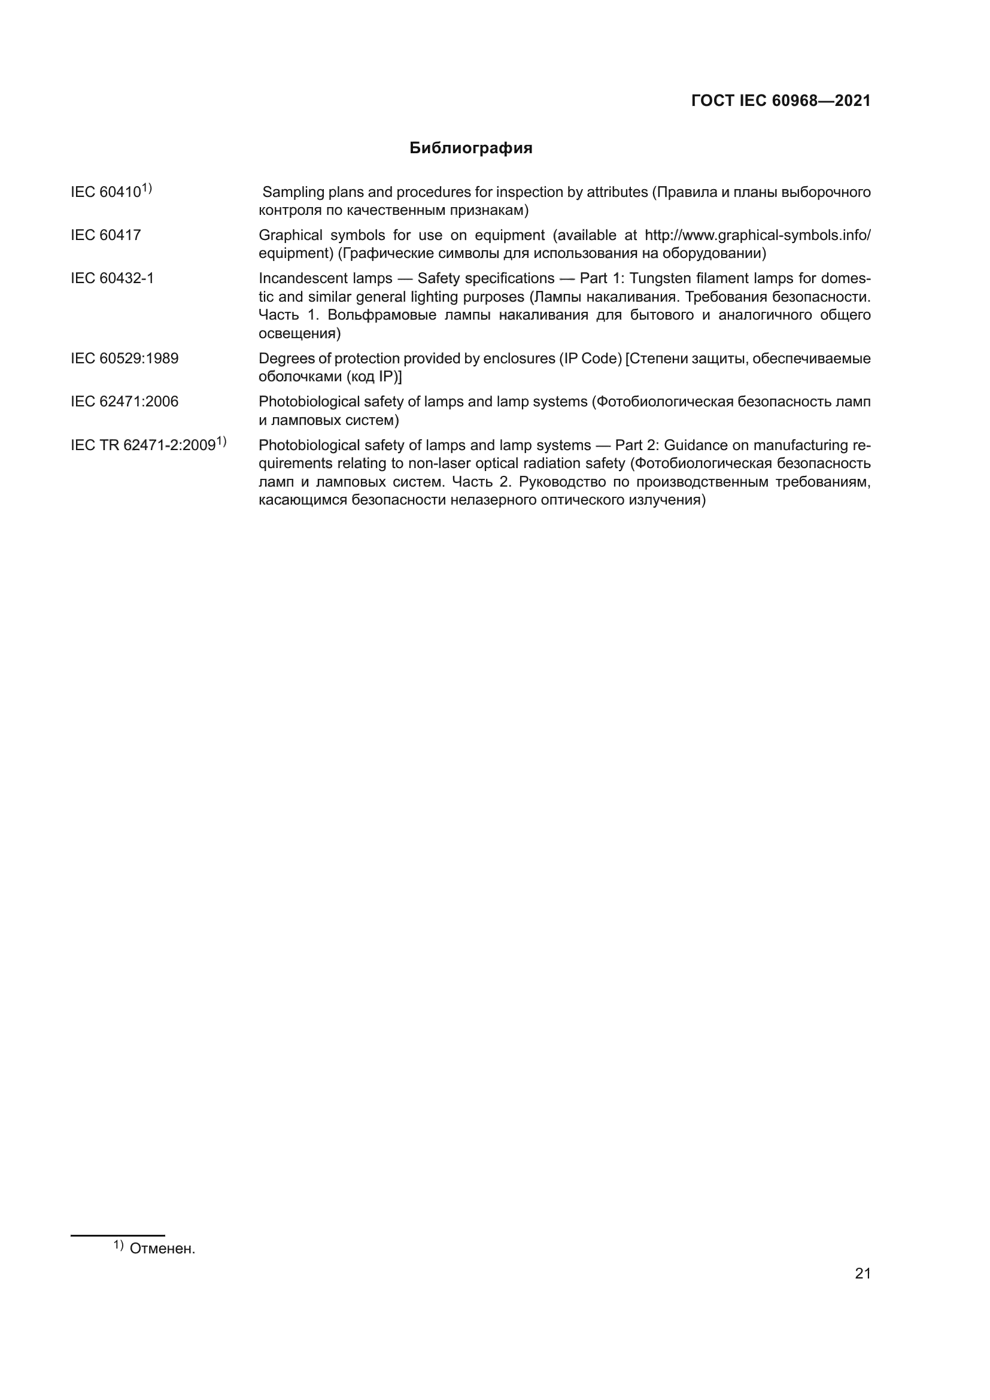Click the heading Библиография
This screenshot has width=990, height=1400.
pos(470,148)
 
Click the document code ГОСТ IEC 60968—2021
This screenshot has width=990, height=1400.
pos(781,101)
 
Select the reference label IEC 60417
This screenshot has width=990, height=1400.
pos(105,235)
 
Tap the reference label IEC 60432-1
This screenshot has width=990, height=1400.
pos(112,279)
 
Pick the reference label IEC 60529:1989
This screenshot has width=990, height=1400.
pos(124,359)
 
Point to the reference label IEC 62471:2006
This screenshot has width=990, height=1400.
pos(124,402)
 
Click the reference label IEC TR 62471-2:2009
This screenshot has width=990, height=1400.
pos(143,445)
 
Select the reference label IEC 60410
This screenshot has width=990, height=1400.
pos(106,192)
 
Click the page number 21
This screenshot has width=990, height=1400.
pos(863,1274)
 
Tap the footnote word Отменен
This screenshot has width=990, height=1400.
pos(162,1249)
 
